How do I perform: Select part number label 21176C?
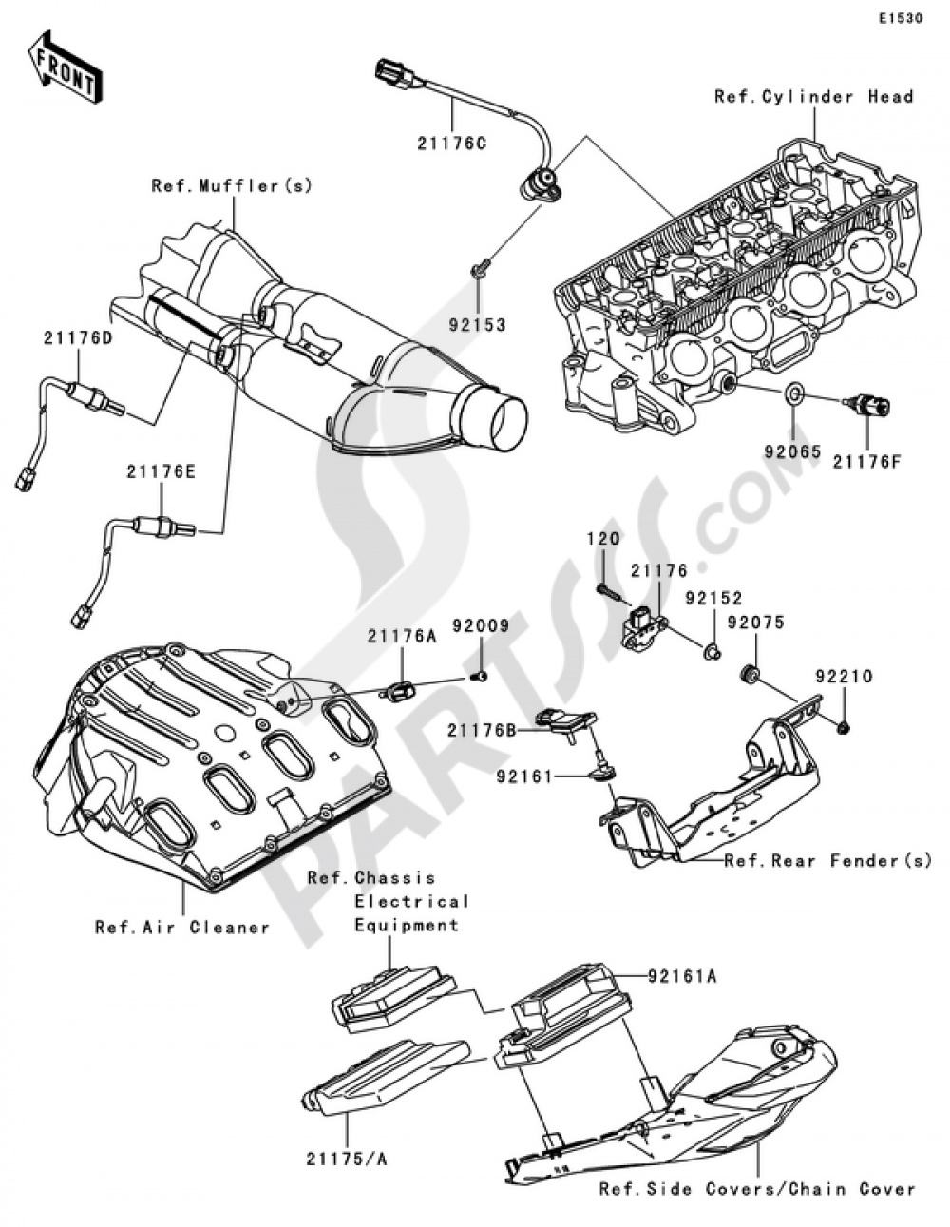(450, 144)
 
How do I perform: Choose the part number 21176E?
(163, 470)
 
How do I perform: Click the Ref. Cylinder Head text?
(814, 96)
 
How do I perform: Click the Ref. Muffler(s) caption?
(232, 186)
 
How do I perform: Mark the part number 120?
(603, 539)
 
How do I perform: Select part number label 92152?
(713, 600)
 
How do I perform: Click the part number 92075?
(755, 623)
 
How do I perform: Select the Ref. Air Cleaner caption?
(182, 928)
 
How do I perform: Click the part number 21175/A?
(346, 1159)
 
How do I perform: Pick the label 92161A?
(683, 975)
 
